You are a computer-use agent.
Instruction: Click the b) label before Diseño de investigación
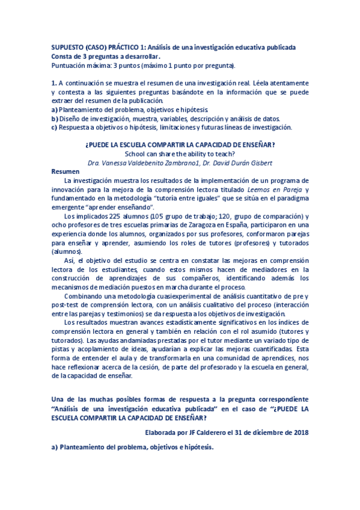tap(55, 118)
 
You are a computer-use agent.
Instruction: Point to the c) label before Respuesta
tap(55, 127)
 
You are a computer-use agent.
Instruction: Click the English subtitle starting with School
tap(180, 153)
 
